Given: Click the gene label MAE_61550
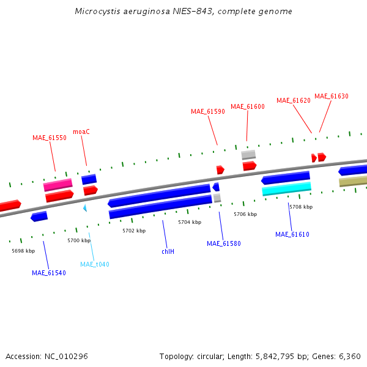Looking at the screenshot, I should pos(49,138).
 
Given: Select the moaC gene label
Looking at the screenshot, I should pos(81,132).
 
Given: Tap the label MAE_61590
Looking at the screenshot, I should pos(207,111).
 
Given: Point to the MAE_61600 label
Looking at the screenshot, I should pos(247,106).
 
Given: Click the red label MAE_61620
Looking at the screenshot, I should pos(293,100).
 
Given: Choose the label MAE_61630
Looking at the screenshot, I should pos(331,96).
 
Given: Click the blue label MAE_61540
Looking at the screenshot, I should pos(48,273).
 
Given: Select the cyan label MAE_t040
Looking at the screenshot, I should pos(94,264).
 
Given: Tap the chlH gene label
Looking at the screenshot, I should pos(168,251).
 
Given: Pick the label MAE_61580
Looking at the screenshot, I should pos(223,243).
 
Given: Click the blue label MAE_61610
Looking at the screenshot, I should pos(292,234).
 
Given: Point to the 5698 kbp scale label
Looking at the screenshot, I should pos(23,251).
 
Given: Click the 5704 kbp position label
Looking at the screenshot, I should pos(189,222).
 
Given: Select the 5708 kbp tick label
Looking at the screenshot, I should pos(300,207).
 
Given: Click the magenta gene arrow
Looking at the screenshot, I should pos(57,185).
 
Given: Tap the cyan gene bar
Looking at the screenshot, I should pos(286,189).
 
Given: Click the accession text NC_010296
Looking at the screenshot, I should pos(66,356).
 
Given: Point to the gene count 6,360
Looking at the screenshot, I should pos(350,356).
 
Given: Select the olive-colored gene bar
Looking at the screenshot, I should pos(353,182).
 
